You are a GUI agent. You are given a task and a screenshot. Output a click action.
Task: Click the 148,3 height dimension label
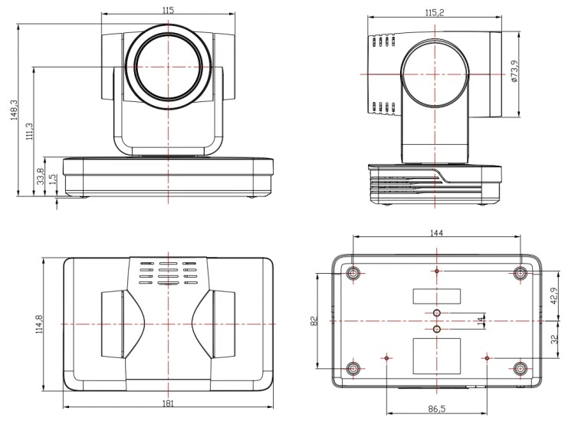pyautogui.click(x=14, y=110)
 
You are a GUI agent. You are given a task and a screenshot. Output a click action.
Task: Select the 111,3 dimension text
pyautogui.click(x=29, y=131)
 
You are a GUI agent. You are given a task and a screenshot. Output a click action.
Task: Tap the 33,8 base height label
pyautogui.click(x=41, y=176)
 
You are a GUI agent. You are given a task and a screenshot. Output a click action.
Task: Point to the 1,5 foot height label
pyautogui.click(x=53, y=179)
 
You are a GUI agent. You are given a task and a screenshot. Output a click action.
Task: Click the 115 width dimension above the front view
pyautogui.click(x=168, y=10)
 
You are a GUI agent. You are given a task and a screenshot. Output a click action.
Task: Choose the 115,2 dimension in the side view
pyautogui.click(x=435, y=12)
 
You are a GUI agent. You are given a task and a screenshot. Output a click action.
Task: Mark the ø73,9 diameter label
pyautogui.click(x=515, y=71)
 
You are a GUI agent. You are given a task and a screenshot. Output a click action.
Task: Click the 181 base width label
pyautogui.click(x=168, y=403)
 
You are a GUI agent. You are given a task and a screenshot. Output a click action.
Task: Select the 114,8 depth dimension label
pyautogui.click(x=39, y=324)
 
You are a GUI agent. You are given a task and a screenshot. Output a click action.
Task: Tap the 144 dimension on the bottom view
pyautogui.click(x=436, y=233)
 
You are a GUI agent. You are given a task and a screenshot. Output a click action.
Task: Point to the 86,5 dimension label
pyautogui.click(x=437, y=409)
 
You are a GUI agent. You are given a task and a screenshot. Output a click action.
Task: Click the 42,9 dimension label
pyautogui.click(x=554, y=296)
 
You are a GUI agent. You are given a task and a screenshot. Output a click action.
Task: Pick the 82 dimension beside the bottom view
pyautogui.click(x=314, y=321)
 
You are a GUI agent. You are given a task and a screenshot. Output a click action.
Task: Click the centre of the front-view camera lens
pyautogui.click(x=168, y=67)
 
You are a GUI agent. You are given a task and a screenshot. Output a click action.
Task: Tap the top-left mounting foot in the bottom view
pyautogui.click(x=354, y=273)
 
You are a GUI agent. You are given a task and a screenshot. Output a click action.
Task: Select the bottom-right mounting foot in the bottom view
pyautogui.click(x=521, y=368)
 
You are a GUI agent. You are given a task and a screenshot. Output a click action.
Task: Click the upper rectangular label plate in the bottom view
pyautogui.click(x=436, y=297)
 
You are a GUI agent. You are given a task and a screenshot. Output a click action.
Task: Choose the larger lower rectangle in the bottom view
pyautogui.click(x=436, y=356)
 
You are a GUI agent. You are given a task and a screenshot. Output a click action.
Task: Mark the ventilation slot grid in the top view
pyautogui.click(x=168, y=273)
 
